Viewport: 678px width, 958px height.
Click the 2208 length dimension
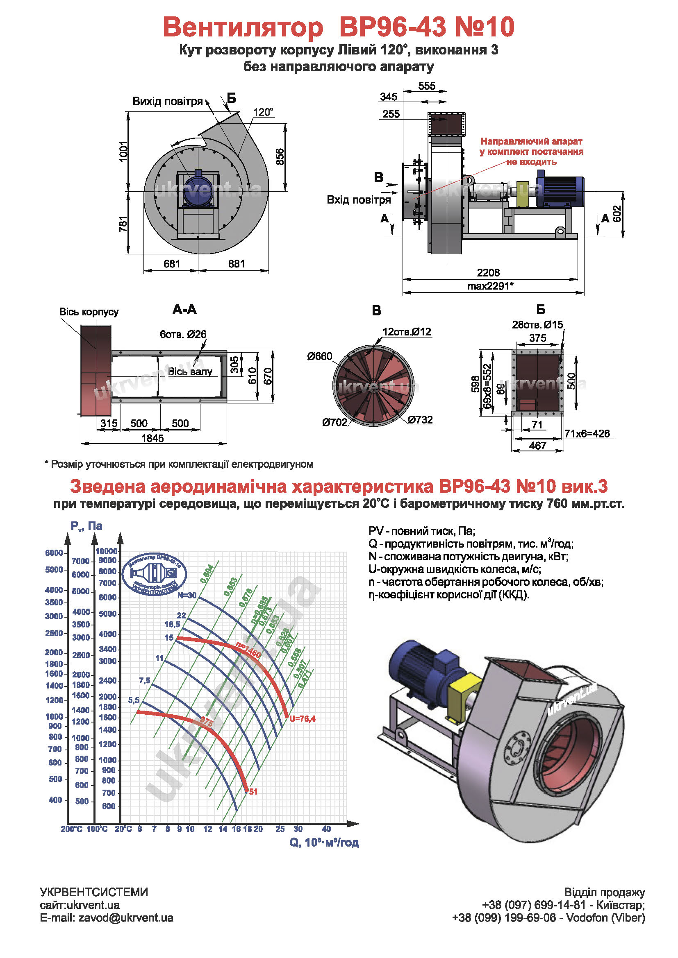(488, 272)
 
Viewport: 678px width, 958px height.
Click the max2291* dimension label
(490, 286)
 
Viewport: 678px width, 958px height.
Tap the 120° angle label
(263, 112)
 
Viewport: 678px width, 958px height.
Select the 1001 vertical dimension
(123, 151)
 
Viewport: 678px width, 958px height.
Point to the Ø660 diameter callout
(319, 356)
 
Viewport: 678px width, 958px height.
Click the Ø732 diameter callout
(421, 419)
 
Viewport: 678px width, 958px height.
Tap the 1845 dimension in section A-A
(152, 438)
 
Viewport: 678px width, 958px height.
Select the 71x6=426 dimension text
(587, 433)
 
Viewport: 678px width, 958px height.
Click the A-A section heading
(184, 309)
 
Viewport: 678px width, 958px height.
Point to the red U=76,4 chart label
(302, 718)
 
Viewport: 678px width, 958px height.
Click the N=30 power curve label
(187, 596)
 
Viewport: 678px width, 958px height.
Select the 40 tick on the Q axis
(326, 829)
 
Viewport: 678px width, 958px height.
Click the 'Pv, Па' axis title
(86, 526)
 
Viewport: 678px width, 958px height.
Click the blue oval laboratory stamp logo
(154, 574)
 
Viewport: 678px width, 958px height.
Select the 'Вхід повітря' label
(359, 200)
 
